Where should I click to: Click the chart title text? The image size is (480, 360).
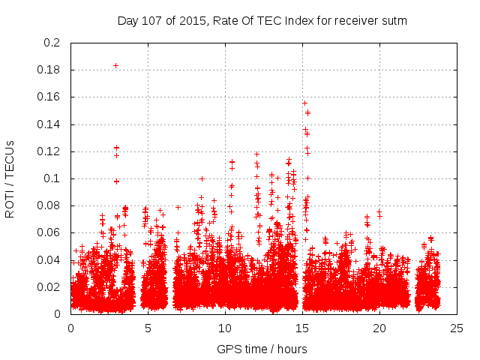pos(262,21)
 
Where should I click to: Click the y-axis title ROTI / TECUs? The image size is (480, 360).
pos(10,178)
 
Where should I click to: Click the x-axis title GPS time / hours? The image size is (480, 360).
pos(262,349)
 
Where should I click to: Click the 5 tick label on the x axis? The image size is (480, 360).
pos(148,328)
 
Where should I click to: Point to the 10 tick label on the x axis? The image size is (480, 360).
pos(225,328)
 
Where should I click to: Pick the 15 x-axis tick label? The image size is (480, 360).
pos(302,328)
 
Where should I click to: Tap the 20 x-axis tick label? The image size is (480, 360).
pos(379,328)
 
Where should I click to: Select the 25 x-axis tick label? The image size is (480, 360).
pos(457,328)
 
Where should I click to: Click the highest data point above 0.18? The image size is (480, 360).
pos(115,65)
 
